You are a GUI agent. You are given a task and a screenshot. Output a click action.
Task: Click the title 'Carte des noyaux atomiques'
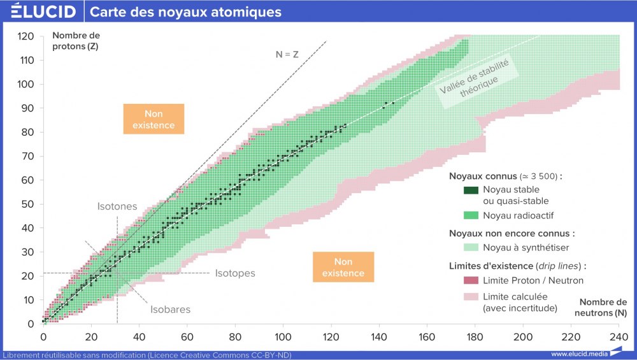click(185, 12)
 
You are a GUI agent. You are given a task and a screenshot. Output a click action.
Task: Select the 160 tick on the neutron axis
click(427, 336)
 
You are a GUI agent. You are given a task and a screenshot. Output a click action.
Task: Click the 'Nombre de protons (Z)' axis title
click(76, 41)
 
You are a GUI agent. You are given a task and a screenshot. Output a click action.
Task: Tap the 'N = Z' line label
click(287, 54)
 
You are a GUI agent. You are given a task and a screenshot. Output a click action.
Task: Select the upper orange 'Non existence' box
click(154, 119)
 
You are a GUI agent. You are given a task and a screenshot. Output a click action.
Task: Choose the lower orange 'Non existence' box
click(343, 267)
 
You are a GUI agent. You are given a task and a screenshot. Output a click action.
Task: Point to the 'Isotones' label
click(117, 206)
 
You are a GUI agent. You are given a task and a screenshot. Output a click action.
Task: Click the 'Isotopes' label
click(235, 273)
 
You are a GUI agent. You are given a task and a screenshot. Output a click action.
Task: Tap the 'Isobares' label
click(170, 310)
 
